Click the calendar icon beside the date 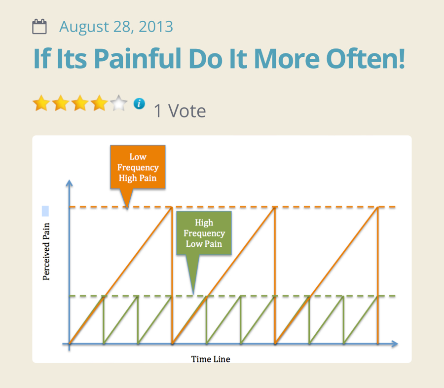39,26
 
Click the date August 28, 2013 116,27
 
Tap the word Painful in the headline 138,59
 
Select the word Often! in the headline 366,59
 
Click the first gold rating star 41,103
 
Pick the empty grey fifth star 118,103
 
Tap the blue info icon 139,104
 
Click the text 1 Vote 180,111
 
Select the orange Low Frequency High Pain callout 138,167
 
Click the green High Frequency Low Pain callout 204,233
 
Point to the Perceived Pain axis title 46,252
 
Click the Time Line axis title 210,359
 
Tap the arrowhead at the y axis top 69,183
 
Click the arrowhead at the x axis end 395,344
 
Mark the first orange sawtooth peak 172,207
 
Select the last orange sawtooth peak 378,207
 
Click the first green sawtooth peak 104,296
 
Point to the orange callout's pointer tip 127,209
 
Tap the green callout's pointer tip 193,294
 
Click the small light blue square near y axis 45,211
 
